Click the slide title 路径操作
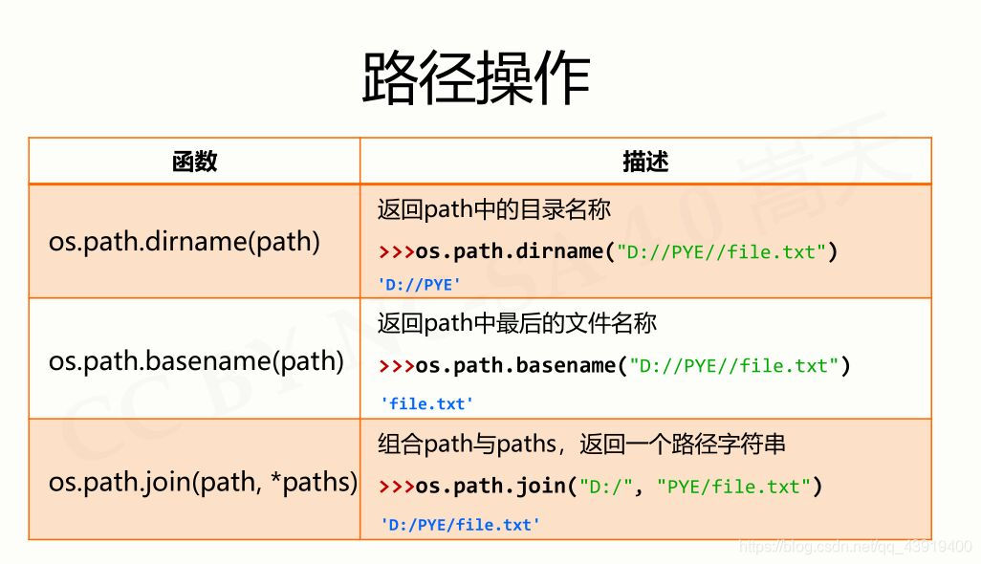475,78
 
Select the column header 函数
194,162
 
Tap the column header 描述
645,162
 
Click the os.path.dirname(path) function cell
185,241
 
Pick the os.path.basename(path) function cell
196,360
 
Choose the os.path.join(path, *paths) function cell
203,482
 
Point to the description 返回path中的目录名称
493,209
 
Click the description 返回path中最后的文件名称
516,324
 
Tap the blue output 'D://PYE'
420,284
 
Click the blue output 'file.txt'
426,403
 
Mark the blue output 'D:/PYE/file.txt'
460,524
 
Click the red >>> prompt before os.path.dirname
396,252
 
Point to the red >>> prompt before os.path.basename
396,366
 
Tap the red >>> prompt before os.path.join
396,487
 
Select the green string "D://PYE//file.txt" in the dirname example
722,252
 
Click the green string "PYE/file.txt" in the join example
734,487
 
